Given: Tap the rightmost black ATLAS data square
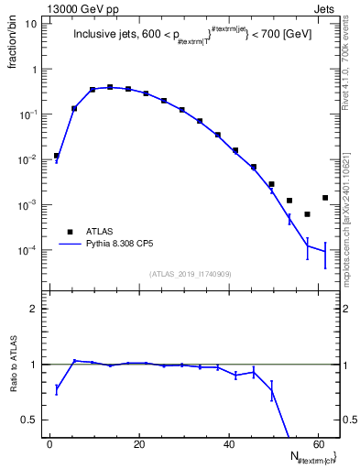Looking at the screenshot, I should coord(325,198).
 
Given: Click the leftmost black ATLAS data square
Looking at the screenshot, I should coord(57,156).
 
